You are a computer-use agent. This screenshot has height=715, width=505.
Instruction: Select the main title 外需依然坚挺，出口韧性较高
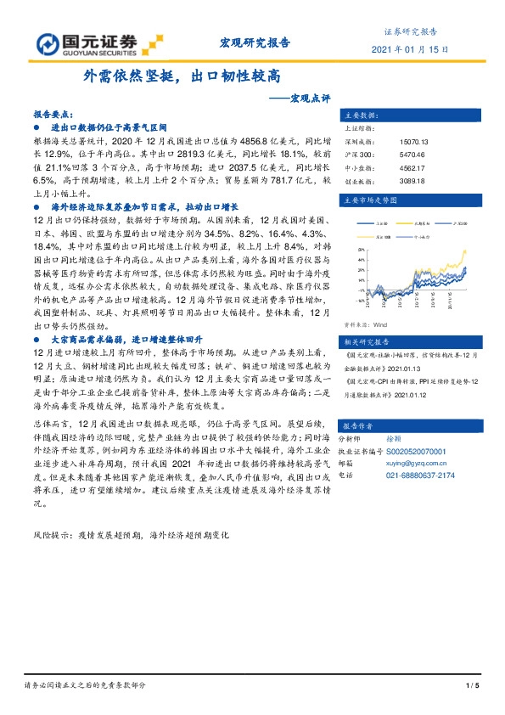(182, 76)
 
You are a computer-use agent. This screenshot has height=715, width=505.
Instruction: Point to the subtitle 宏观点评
(303, 98)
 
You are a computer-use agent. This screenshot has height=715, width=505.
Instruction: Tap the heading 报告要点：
(53, 113)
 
